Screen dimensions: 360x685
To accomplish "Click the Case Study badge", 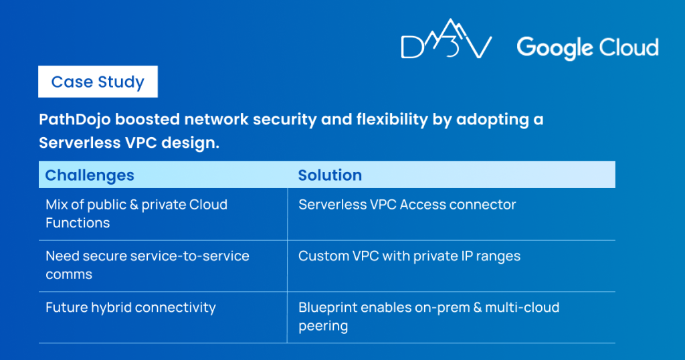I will [x=98, y=82].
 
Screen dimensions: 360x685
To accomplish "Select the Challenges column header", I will [x=90, y=175].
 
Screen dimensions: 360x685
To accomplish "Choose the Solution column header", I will [x=330, y=175].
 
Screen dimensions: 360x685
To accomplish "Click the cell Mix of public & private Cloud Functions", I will [x=136, y=213].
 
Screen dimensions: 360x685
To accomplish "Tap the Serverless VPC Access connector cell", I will [x=407, y=205].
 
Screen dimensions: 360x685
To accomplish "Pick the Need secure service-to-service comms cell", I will [x=147, y=265].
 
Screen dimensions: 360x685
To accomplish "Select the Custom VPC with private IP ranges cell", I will [x=409, y=256].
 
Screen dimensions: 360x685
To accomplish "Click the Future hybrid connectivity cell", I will [x=130, y=308].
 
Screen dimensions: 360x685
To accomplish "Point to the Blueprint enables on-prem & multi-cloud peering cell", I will [x=428, y=317].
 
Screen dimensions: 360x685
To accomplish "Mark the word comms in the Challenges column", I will [x=68, y=274].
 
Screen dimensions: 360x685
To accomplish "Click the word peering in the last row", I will [x=322, y=326].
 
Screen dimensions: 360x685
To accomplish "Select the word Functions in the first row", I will [x=78, y=223].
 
